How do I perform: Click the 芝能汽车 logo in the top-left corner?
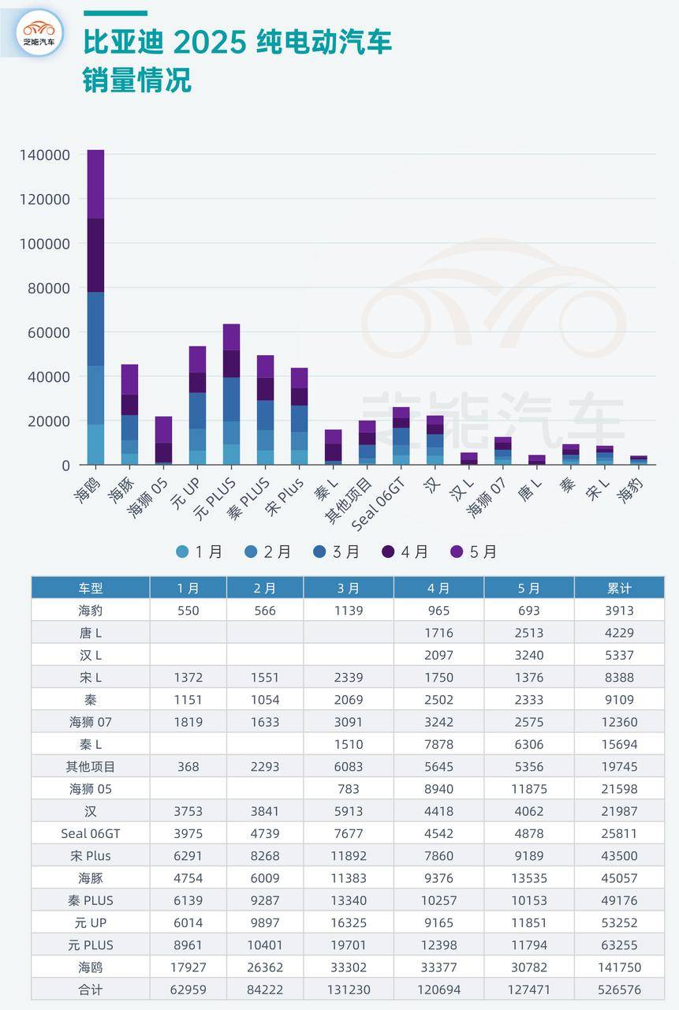tap(39, 33)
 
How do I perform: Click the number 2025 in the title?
tap(211, 43)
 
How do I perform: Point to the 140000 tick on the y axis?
tap(45, 155)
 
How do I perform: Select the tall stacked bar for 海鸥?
tap(95, 307)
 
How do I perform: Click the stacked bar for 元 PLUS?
tap(231, 394)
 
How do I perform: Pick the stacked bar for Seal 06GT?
tap(401, 436)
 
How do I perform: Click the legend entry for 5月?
tap(474, 552)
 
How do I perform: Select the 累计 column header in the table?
tap(619, 588)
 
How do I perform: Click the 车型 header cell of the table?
tap(90, 588)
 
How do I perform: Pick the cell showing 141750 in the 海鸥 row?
tap(619, 967)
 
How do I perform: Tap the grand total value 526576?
tap(619, 989)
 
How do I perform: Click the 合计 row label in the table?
tap(90, 989)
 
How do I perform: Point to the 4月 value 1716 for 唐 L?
tap(438, 633)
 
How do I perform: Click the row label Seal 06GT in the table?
tap(90, 833)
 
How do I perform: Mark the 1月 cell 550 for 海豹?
tap(188, 611)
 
